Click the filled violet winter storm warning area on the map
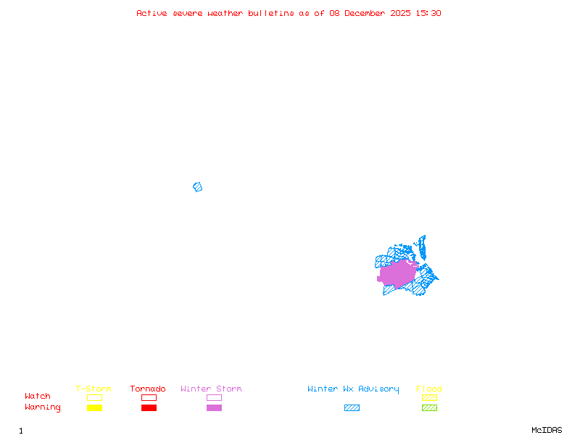[397, 274]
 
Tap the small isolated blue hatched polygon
[197, 187]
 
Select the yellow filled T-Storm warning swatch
[94, 407]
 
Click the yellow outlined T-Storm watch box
[94, 397]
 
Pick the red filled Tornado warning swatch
[149, 407]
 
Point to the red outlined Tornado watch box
[149, 397]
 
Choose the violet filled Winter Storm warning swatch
[214, 407]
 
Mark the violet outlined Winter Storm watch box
[214, 397]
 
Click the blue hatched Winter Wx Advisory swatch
[352, 407]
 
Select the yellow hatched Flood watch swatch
[429, 397]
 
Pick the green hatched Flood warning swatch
[429, 407]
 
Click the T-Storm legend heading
[94, 389]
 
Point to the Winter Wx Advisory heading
[353, 389]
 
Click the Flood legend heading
[429, 389]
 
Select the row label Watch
[38, 397]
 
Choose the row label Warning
[43, 407]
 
